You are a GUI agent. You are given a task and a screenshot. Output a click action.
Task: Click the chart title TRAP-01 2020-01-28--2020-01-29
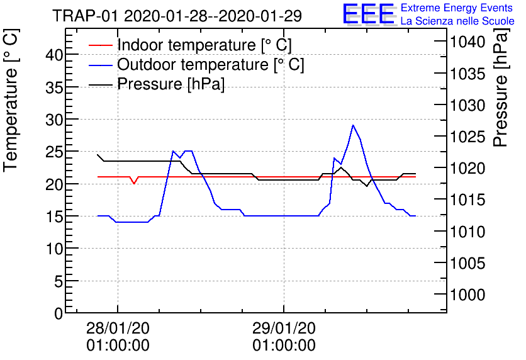click(177, 16)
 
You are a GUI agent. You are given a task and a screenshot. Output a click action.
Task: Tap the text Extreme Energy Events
click(457, 8)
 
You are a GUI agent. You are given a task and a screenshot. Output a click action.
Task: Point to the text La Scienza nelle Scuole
click(457, 21)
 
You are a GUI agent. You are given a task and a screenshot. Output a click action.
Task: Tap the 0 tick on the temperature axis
click(59, 313)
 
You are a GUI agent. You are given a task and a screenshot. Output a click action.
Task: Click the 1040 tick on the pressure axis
click(466, 42)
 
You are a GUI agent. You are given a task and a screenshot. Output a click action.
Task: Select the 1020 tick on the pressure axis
click(466, 168)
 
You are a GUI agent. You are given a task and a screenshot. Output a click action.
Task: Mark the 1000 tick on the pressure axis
click(466, 295)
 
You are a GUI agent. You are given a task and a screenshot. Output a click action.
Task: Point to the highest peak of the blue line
click(353, 125)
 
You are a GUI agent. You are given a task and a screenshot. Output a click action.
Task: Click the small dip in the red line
click(134, 183)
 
